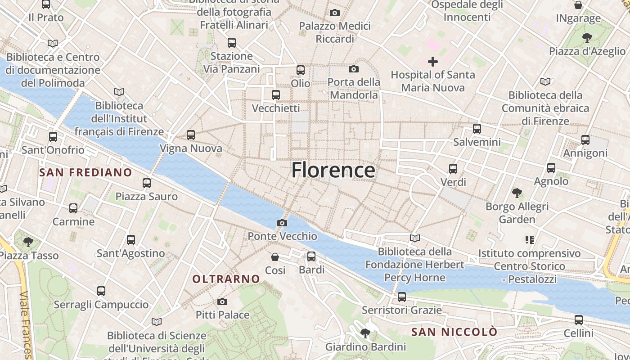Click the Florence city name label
point(333,171)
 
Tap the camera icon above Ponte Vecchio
point(282,223)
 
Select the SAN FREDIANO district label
point(85,172)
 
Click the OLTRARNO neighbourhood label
point(226,279)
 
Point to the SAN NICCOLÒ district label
point(454,332)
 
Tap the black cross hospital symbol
point(433,61)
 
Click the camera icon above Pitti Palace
point(222,301)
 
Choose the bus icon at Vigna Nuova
point(191,135)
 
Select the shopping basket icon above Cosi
point(275,257)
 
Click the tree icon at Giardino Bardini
point(365,333)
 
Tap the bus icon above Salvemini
point(477,129)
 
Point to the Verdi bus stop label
point(453,182)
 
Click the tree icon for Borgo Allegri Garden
point(517,193)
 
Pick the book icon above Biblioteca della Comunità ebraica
point(545,82)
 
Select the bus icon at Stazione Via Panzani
point(232,43)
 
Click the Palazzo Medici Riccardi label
point(335,32)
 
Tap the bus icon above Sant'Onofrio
point(53,136)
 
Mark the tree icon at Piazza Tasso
point(28,242)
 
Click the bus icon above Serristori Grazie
point(402,297)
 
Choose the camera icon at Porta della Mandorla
point(354,69)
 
